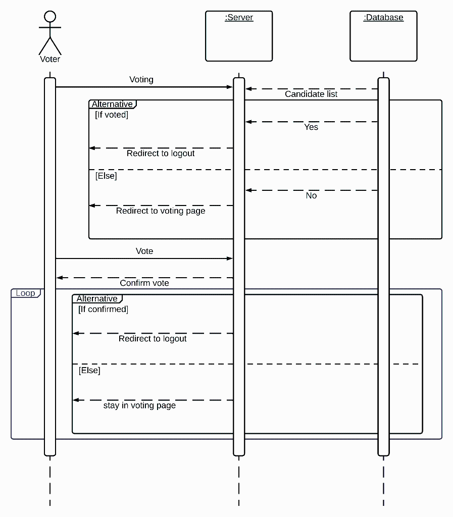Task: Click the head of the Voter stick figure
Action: [x=49, y=17]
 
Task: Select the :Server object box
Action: [x=239, y=36]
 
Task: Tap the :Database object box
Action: [x=383, y=36]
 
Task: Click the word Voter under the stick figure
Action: [x=50, y=59]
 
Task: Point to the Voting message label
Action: [x=141, y=79]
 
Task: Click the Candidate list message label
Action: [x=311, y=94]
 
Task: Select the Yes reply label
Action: [x=311, y=127]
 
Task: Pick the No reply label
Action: [x=311, y=195]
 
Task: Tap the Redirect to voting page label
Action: [x=161, y=211]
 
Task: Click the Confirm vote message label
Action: [x=144, y=283]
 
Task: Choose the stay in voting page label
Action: [x=139, y=405]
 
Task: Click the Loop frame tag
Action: [x=25, y=293]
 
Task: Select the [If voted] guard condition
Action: [x=112, y=115]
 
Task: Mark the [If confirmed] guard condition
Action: [x=103, y=309]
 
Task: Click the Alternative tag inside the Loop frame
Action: [x=97, y=299]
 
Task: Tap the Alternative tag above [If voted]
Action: [x=112, y=105]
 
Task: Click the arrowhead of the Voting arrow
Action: [x=230, y=87]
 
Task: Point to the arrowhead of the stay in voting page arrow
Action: [x=76, y=400]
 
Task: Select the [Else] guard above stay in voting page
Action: [x=89, y=370]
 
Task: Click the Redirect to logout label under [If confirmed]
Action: [x=153, y=338]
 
